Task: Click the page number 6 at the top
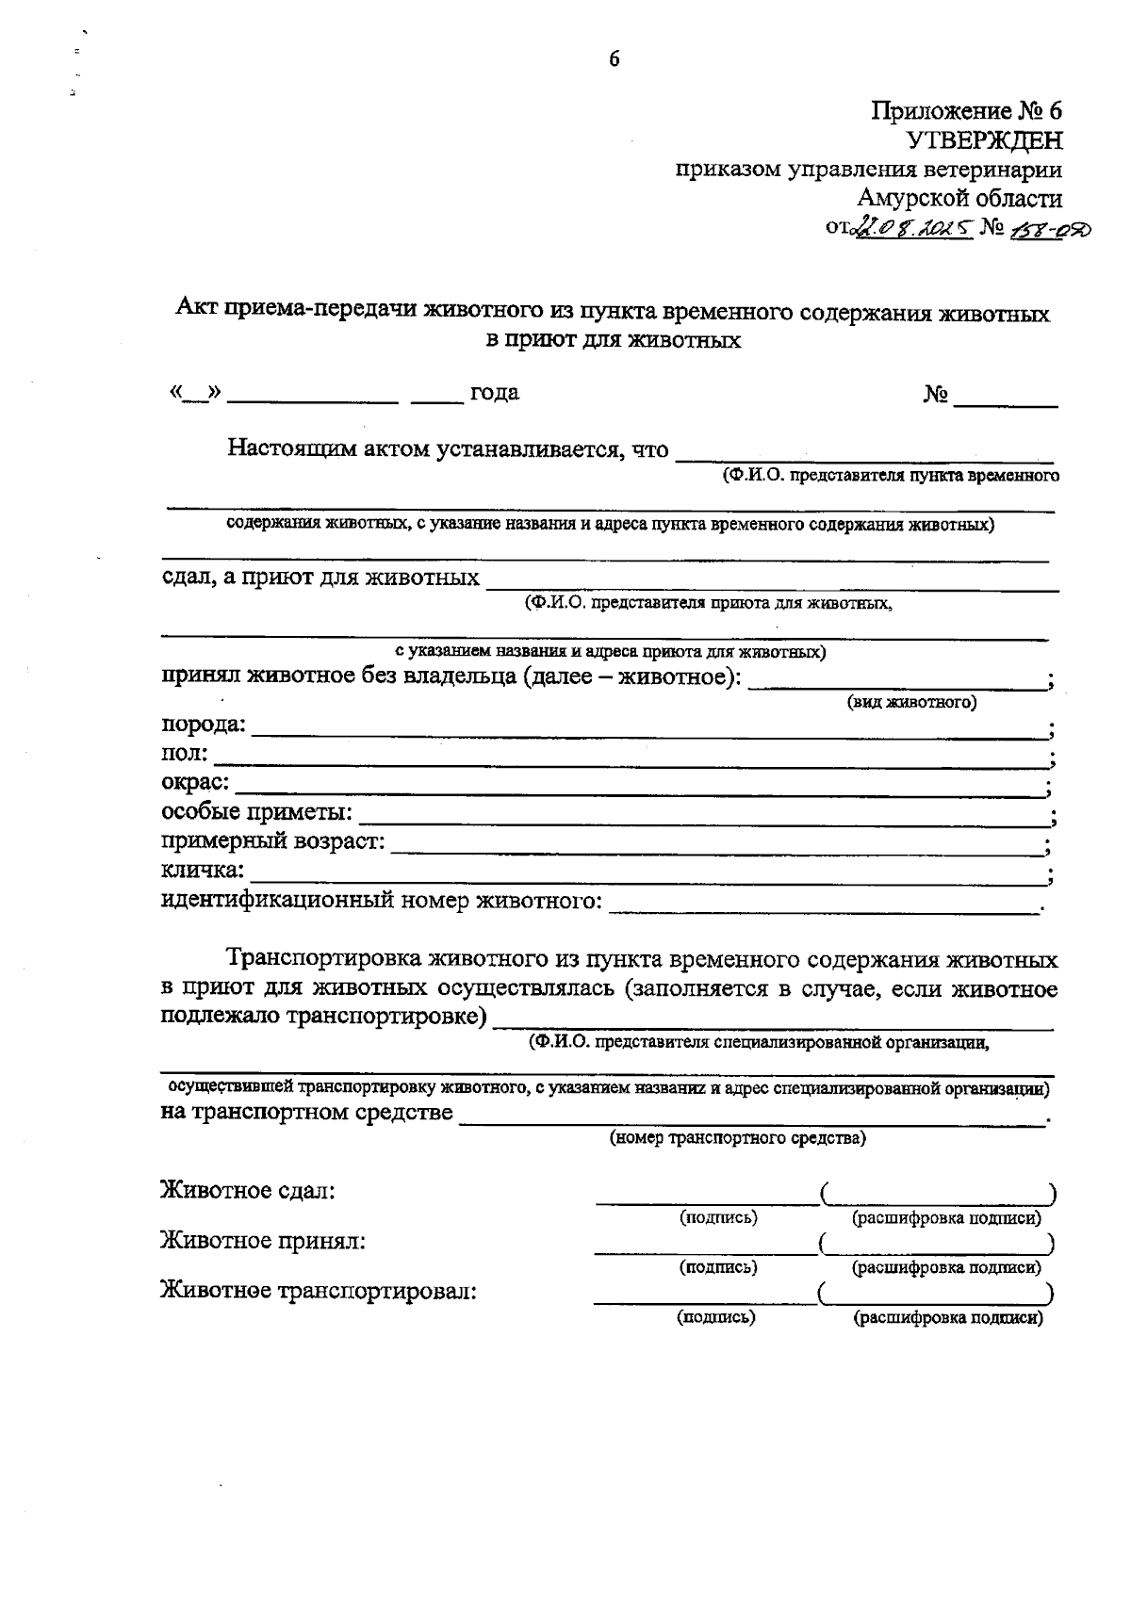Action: coord(614,59)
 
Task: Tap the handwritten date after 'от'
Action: coord(911,229)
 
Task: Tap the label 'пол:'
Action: coord(186,754)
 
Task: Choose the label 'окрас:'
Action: coord(195,782)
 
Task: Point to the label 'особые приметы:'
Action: coord(257,811)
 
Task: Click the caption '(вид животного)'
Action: coord(911,702)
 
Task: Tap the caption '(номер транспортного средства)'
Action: coord(738,1138)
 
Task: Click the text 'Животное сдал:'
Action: coord(248,1191)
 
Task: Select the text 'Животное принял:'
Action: coord(263,1241)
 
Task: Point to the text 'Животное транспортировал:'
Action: coord(319,1291)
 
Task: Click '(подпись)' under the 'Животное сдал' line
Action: coord(718,1217)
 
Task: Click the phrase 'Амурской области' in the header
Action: coord(959,199)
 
